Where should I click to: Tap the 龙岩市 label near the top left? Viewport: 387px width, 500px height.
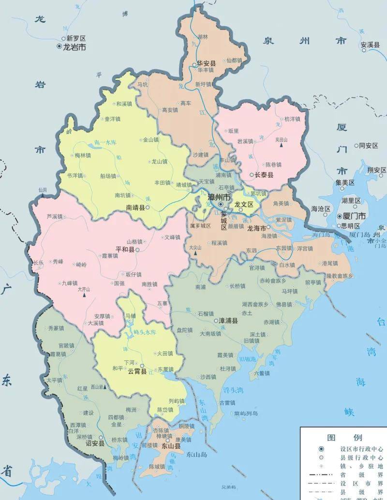click(x=74, y=47)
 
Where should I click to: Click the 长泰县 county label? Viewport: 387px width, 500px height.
click(x=264, y=175)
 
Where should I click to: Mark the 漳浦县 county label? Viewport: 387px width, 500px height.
click(x=229, y=321)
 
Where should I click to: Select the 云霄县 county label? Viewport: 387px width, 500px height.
click(x=137, y=372)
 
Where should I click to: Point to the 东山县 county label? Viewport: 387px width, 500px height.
click(x=171, y=446)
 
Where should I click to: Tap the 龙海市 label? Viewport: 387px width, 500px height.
click(x=256, y=228)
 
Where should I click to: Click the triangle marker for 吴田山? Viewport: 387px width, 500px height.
click(x=281, y=145)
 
